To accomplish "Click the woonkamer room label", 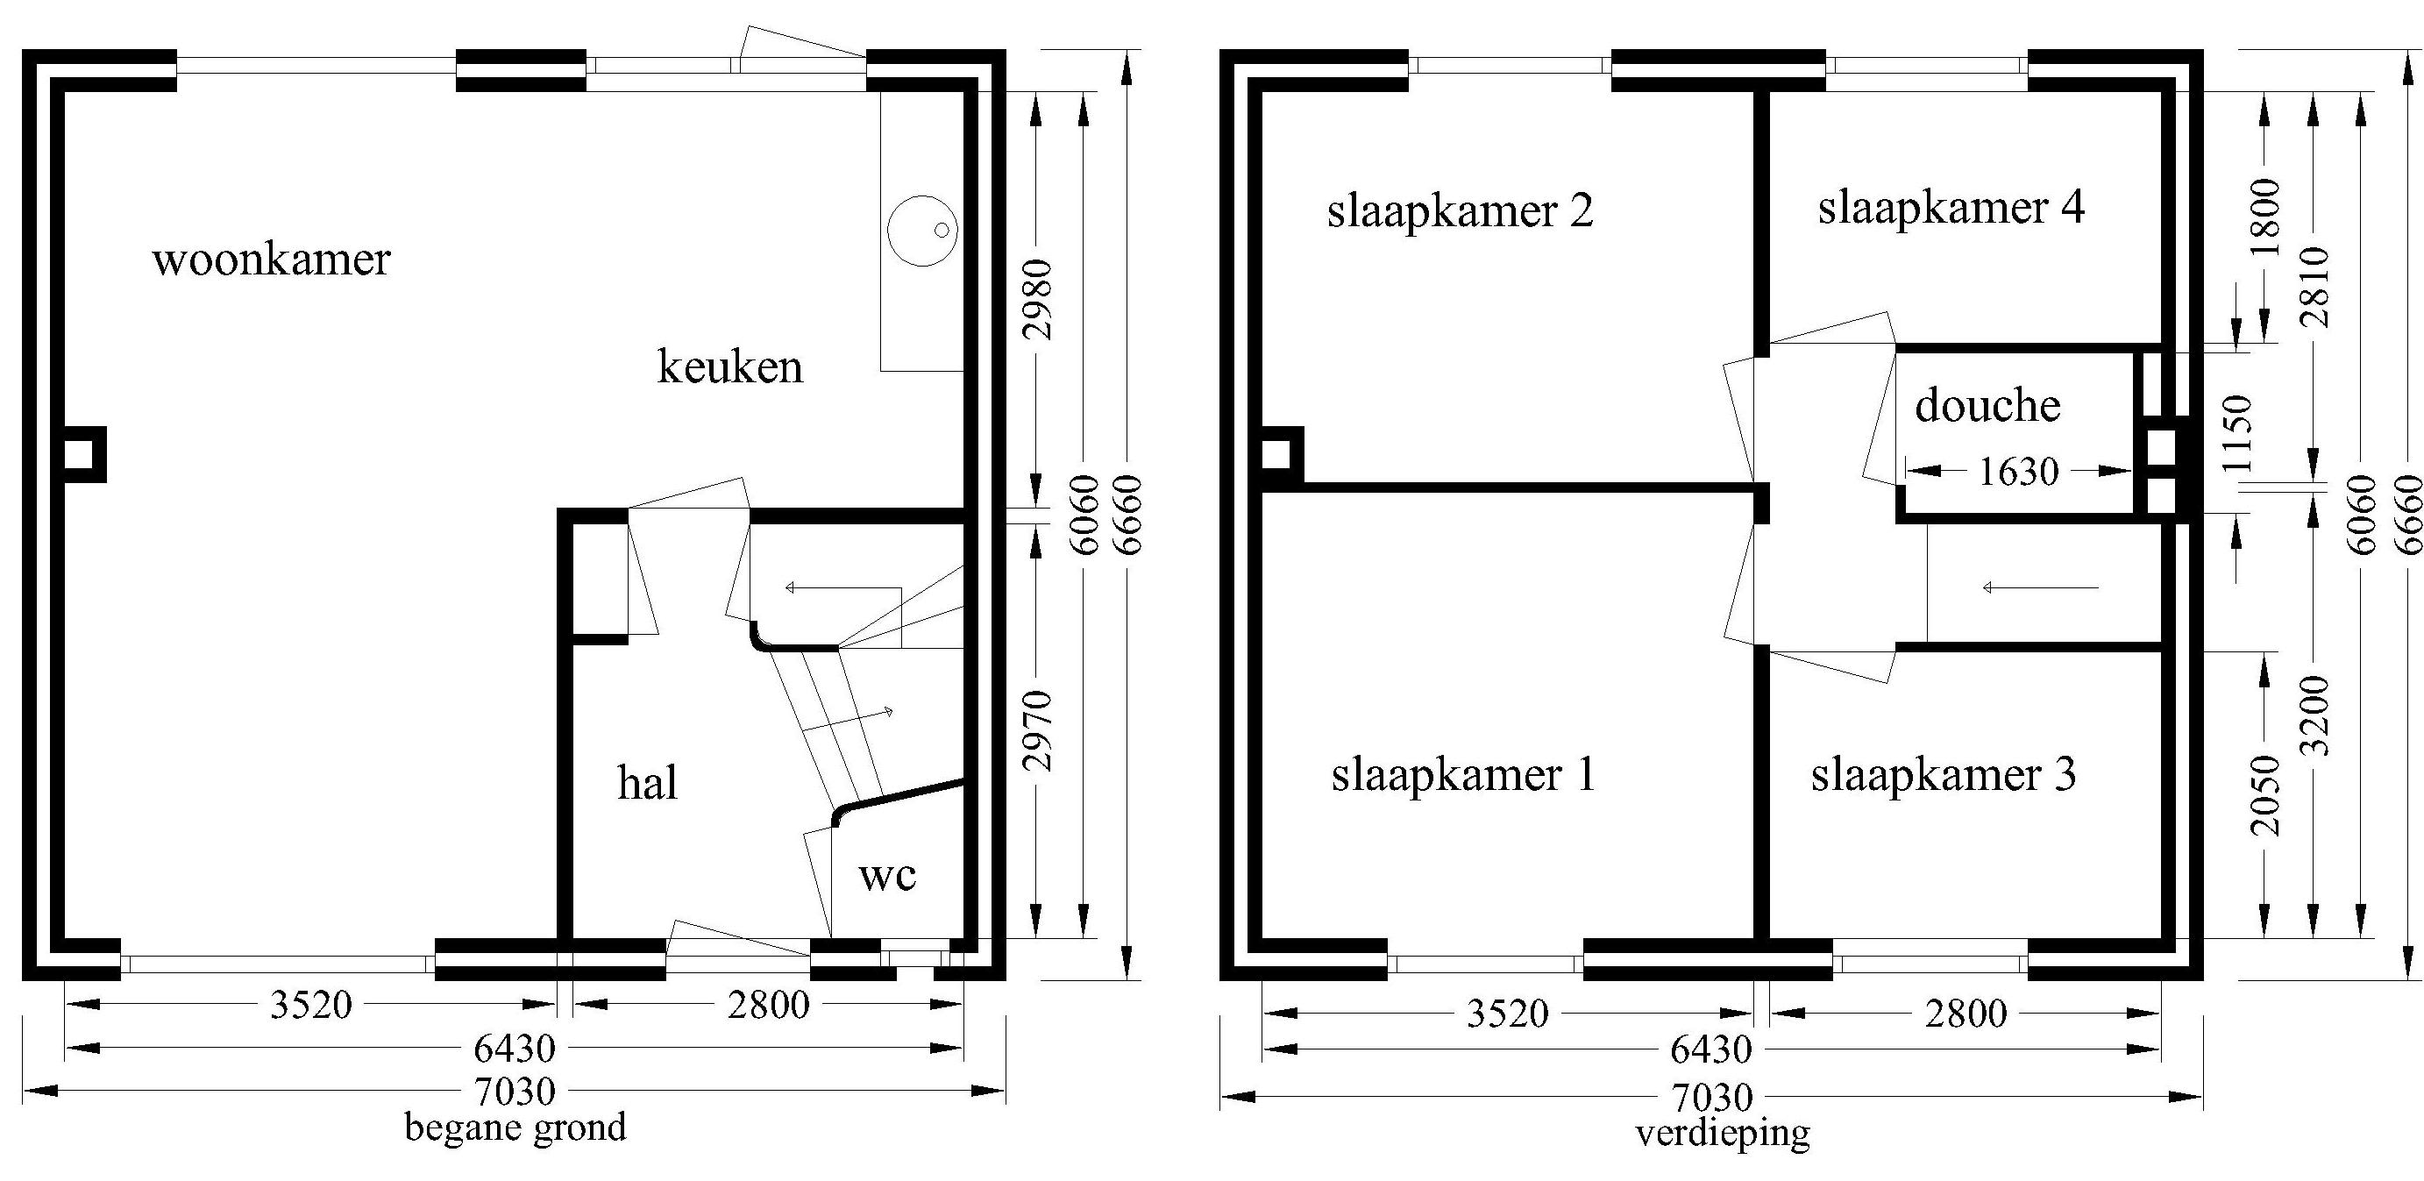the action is click(x=271, y=259).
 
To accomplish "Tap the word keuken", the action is click(x=730, y=366).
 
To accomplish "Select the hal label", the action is click(x=647, y=783).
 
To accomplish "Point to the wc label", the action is click(x=887, y=876).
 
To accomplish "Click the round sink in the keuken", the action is click(x=922, y=231).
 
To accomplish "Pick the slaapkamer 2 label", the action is click(x=1461, y=210).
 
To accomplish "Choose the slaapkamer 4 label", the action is click(x=1951, y=208).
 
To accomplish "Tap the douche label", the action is click(x=1988, y=407).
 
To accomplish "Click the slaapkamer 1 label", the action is click(x=1463, y=775).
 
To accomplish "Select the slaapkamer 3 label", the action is click(x=1944, y=775).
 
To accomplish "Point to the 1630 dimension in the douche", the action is click(x=2018, y=472).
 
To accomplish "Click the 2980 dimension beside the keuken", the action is click(x=1038, y=299).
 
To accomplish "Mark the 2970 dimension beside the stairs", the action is click(x=1038, y=730).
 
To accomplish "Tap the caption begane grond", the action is click(x=515, y=1127).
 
